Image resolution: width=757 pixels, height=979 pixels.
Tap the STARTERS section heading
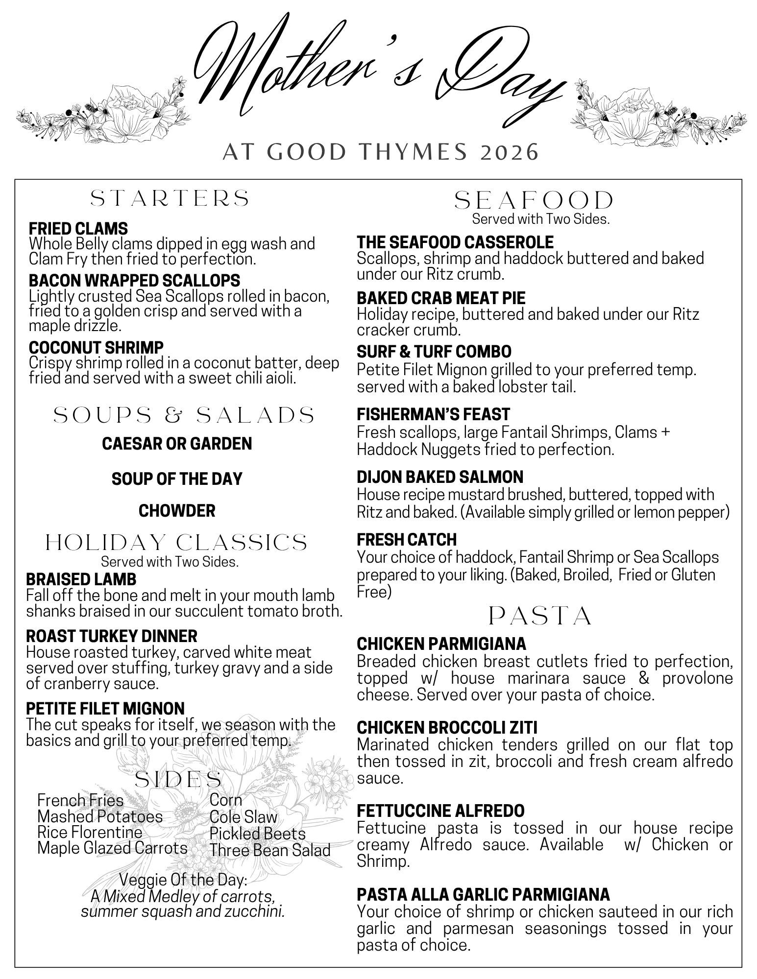click(171, 198)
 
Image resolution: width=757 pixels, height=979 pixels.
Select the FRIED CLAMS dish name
click(78, 228)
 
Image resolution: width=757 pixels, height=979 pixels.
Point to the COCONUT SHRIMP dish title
click(96, 347)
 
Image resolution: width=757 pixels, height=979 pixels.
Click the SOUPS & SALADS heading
click(184, 415)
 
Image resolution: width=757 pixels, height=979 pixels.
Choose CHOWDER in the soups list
click(177, 511)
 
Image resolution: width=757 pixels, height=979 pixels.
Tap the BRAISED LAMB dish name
click(81, 579)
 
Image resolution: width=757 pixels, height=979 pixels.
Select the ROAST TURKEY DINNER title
click(112, 636)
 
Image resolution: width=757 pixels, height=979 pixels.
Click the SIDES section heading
click(178, 779)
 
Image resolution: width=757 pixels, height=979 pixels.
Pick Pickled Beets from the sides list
click(257, 833)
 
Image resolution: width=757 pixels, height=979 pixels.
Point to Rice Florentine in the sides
click(90, 832)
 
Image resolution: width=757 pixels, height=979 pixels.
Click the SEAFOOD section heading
click(534, 200)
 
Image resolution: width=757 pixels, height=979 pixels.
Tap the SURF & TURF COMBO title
click(434, 352)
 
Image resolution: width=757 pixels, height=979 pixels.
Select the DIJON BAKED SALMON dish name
click(440, 477)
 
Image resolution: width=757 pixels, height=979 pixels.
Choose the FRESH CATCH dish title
click(407, 539)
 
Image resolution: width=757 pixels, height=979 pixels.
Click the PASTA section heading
click(540, 616)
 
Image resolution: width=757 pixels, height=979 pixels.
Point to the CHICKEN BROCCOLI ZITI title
click(447, 728)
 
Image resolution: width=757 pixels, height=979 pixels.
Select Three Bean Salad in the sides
click(270, 850)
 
